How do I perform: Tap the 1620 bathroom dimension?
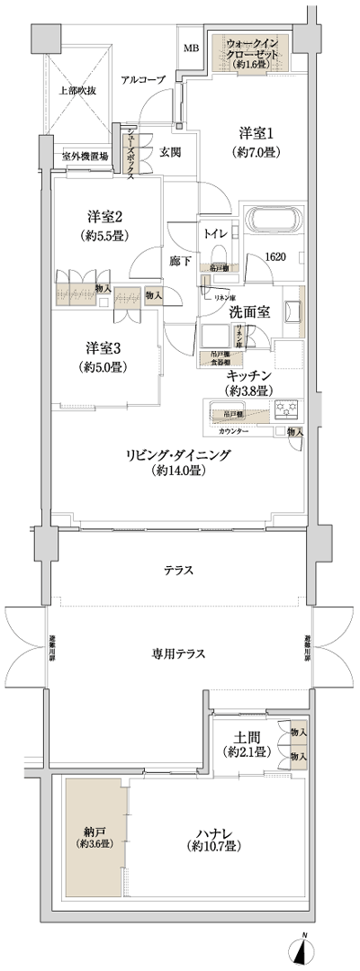coord(275,257)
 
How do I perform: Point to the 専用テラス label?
coord(177,653)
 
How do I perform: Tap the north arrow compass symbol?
coord(303,952)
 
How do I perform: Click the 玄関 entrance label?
coord(171,152)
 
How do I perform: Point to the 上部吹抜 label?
coord(77,90)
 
